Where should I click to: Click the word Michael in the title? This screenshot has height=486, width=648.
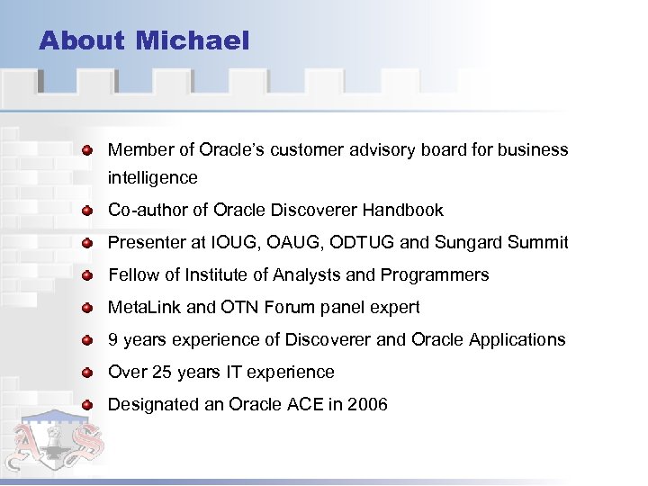[x=193, y=40]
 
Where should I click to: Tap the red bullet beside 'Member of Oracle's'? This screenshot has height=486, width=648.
[x=86, y=149]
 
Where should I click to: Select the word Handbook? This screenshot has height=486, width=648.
[x=403, y=211]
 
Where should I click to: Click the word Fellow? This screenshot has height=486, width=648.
[x=132, y=275]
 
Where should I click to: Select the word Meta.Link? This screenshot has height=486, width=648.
[x=144, y=308]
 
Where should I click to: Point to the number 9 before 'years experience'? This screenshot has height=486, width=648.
[x=113, y=340]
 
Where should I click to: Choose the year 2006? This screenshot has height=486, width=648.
[x=367, y=405]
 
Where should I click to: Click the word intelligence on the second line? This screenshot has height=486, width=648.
[x=152, y=178]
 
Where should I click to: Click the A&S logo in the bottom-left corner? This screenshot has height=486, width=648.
[x=61, y=443]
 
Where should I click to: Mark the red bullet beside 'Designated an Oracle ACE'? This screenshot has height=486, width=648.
[x=86, y=405]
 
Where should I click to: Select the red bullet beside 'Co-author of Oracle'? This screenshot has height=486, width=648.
[x=86, y=211]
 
